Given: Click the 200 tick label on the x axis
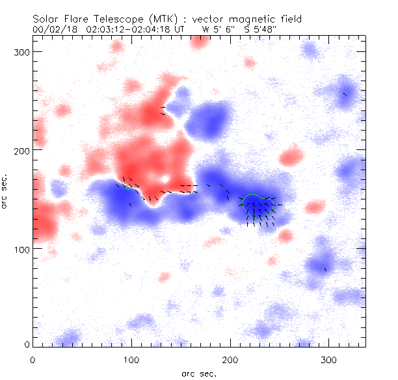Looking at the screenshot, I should pos(230,359).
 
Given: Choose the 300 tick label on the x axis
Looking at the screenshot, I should pos(329,359).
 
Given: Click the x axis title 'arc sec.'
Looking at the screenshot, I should pos(198,373).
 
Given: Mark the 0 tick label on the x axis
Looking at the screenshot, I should pos(33,359).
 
